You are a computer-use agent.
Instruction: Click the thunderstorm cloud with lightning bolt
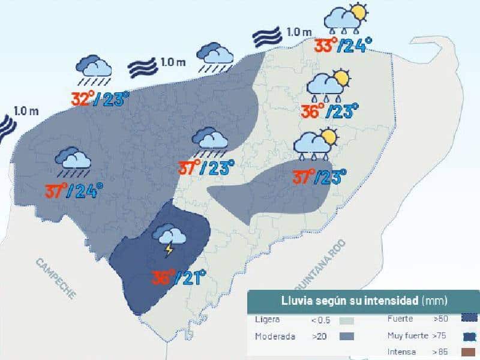(167, 239)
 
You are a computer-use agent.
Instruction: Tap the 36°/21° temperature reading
(178, 277)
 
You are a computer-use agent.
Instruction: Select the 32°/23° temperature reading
(100, 98)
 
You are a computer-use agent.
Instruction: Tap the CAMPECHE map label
(56, 278)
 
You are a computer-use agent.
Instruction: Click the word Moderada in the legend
(275, 337)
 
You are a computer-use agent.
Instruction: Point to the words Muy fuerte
(408, 335)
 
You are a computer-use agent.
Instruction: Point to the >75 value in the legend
(441, 335)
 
